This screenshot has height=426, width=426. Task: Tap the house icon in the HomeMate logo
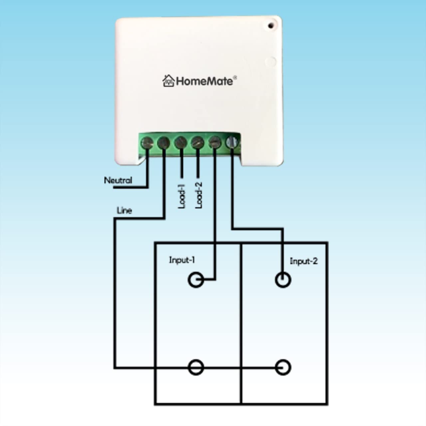click(x=168, y=81)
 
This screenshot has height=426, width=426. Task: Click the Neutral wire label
click(x=118, y=180)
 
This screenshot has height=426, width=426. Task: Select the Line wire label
click(x=124, y=210)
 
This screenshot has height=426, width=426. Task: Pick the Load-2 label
click(x=199, y=195)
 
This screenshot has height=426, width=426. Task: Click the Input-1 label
click(x=182, y=260)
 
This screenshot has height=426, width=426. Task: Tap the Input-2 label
click(x=304, y=261)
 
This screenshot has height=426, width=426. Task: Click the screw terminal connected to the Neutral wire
click(x=147, y=143)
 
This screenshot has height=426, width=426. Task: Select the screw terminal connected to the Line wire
click(x=163, y=143)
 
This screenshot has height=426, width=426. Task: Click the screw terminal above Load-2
click(x=197, y=143)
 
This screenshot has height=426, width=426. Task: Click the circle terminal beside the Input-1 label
click(x=196, y=280)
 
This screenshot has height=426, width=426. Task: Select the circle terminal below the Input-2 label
click(x=283, y=280)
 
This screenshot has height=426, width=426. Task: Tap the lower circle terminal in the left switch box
click(x=196, y=367)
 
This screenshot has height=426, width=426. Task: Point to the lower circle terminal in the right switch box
click(x=283, y=367)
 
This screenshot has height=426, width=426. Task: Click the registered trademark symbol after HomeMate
click(x=235, y=78)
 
